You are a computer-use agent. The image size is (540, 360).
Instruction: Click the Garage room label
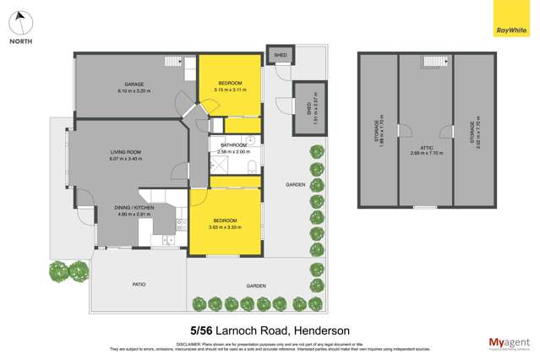134,85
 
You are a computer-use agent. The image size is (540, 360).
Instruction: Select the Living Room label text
125,153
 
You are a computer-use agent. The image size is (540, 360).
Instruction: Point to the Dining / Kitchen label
134,208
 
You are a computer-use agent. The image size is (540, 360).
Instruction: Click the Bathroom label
233,146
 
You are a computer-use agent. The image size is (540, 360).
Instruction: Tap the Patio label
139,285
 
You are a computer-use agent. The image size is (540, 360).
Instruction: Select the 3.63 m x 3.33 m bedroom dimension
225,227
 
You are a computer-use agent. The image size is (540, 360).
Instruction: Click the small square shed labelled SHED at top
280,55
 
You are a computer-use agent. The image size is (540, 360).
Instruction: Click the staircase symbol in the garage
172,61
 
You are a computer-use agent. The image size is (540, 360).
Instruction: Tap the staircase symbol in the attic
434,62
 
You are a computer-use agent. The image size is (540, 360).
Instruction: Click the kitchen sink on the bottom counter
167,240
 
